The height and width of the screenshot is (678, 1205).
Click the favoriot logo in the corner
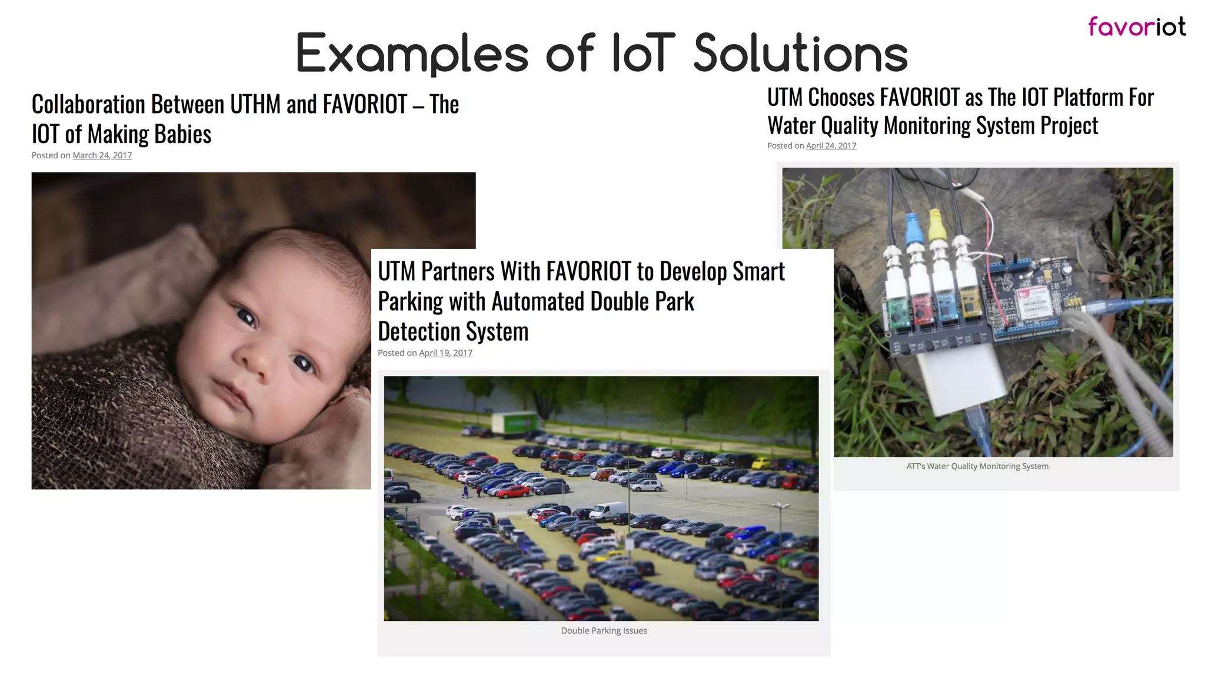(1136, 26)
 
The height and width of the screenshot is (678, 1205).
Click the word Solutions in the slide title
(801, 54)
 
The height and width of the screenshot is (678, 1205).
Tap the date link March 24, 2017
(102, 155)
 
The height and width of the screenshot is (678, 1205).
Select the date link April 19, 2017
(445, 353)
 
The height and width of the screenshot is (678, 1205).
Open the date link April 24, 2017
(831, 146)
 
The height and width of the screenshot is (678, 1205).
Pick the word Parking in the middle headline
(410, 302)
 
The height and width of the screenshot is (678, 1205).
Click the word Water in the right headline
(791, 126)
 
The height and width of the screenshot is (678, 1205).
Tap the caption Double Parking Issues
(604, 631)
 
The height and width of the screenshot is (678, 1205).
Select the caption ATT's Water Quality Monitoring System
(977, 466)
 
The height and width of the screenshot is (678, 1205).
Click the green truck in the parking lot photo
(514, 424)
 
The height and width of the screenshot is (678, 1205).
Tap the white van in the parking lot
(608, 511)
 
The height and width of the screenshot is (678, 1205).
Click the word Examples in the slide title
(412, 54)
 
